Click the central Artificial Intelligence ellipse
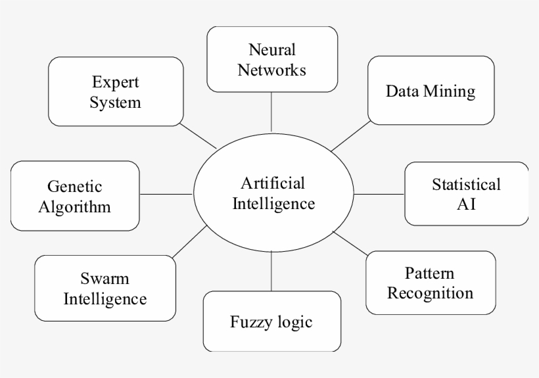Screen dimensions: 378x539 [x=273, y=195]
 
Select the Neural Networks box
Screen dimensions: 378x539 [x=272, y=59]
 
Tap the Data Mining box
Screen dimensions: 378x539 [x=430, y=91]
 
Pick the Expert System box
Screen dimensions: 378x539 [x=116, y=91]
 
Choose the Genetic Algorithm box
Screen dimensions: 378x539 [x=75, y=197]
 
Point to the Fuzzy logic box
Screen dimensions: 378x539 [x=271, y=321]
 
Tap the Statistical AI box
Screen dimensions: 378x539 [x=465, y=193]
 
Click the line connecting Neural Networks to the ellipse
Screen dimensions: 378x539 [x=271, y=112]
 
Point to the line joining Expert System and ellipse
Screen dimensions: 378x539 [x=198, y=137]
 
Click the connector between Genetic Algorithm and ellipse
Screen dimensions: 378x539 [x=167, y=194]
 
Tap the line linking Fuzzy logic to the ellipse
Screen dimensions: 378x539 [x=271, y=272]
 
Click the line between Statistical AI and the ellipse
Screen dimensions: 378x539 [x=379, y=194]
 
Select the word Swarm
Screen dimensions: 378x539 [x=105, y=279]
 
